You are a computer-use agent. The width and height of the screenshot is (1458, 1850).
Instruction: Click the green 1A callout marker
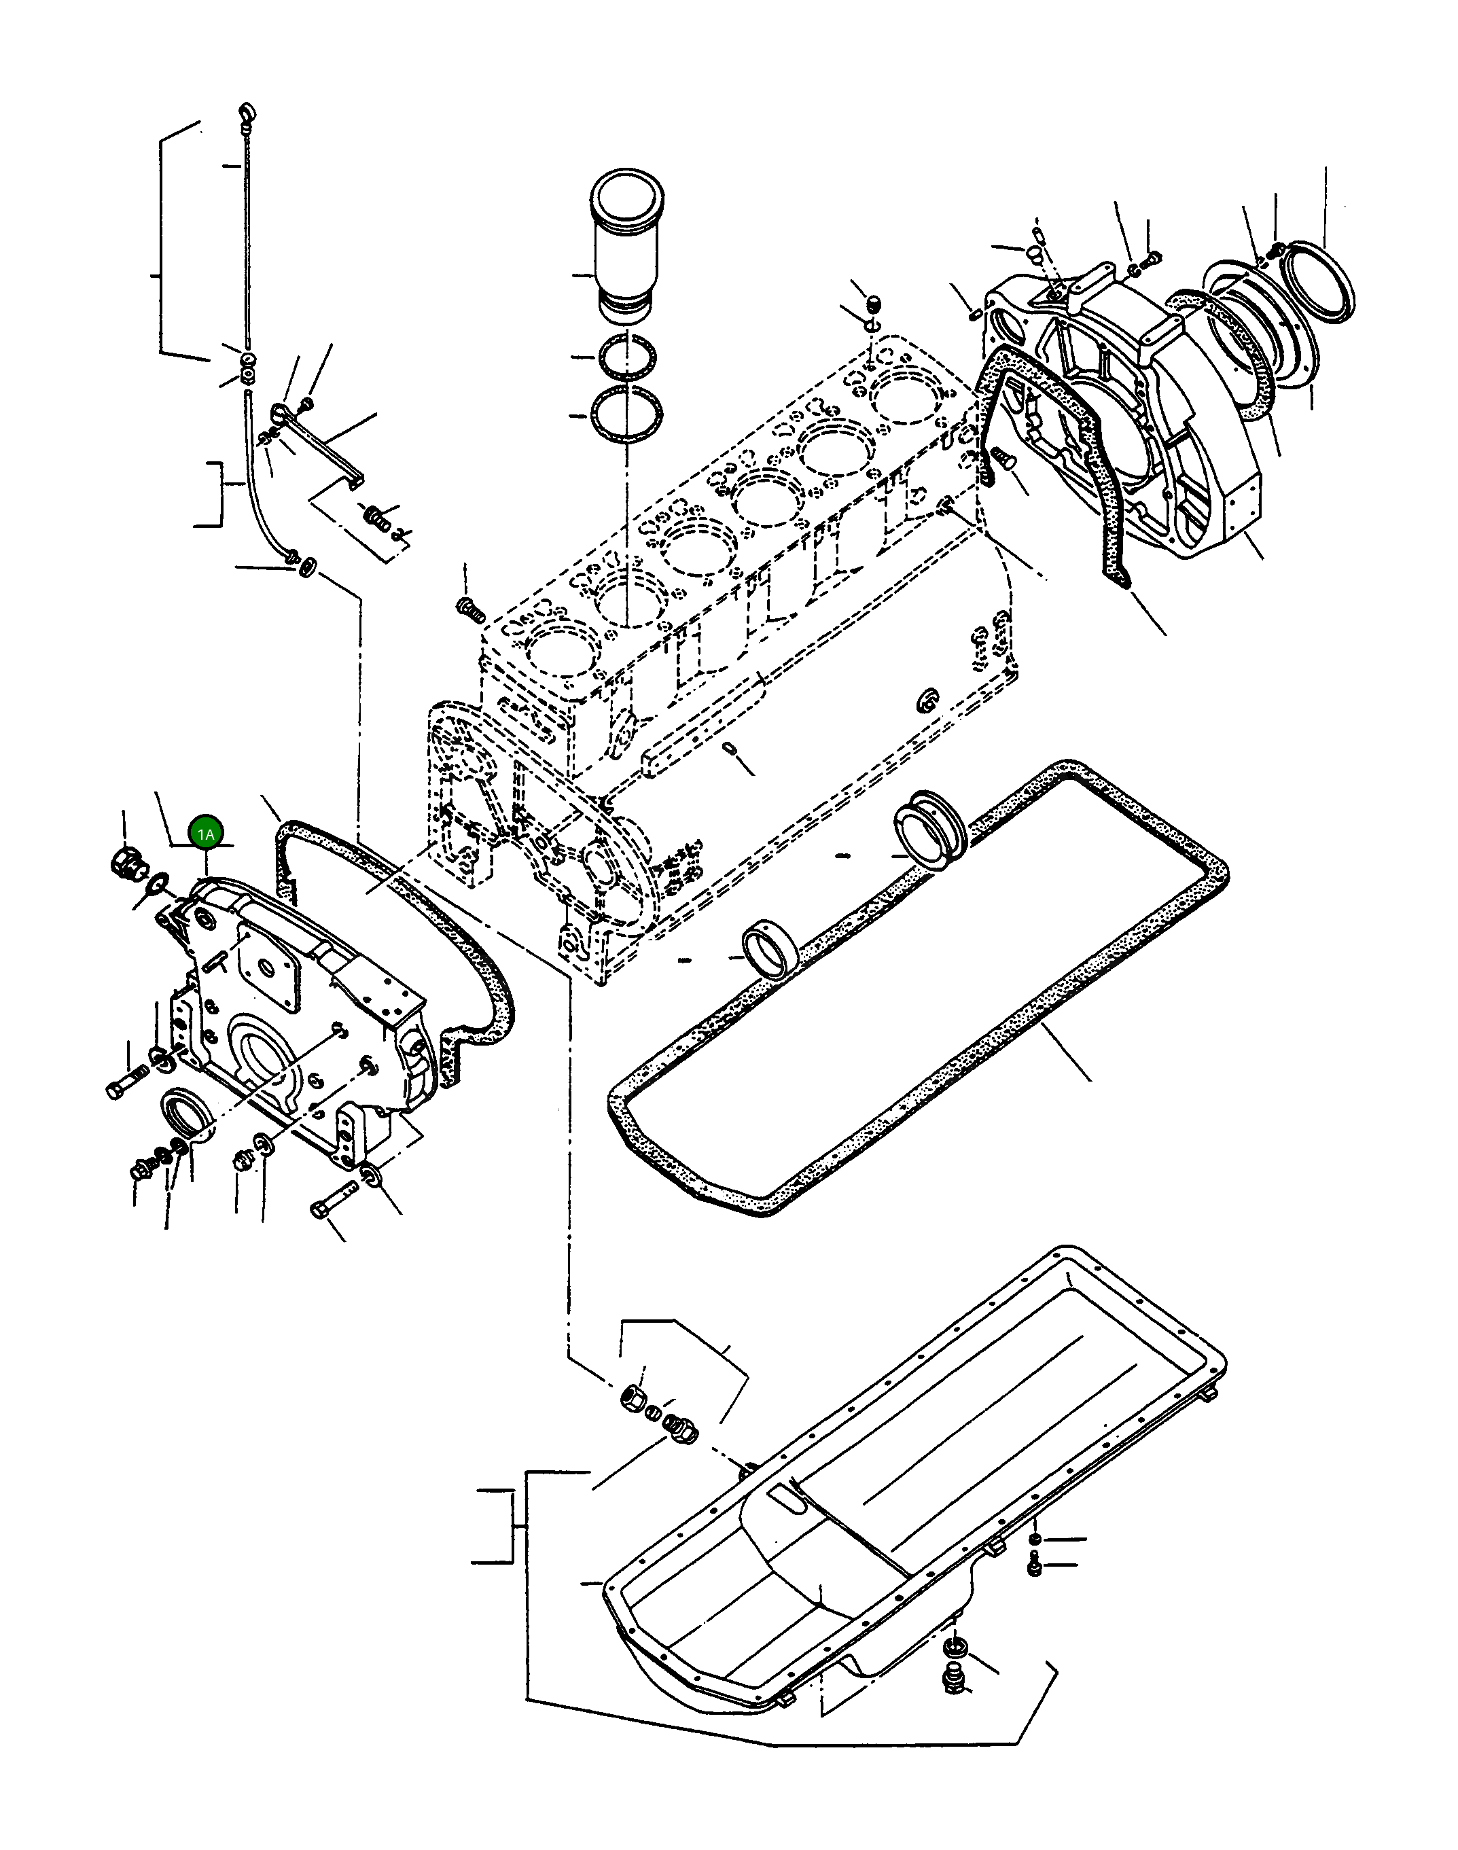coord(206,833)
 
